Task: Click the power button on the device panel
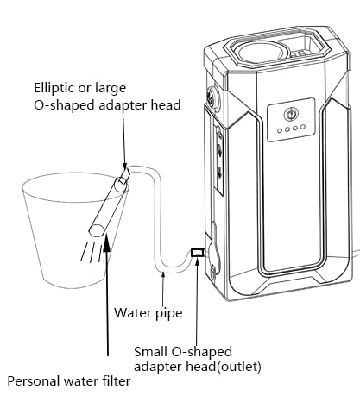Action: [x=290, y=115]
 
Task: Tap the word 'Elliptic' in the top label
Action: [x=53, y=88]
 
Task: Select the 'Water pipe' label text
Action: [x=148, y=313]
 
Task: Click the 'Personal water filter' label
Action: [x=69, y=381]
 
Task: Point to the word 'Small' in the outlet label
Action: [x=150, y=351]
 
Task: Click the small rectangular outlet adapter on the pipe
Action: [x=198, y=252]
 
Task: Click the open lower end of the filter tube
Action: [x=97, y=230]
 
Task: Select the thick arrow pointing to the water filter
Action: [x=107, y=295]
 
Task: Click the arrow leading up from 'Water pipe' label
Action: [x=163, y=289]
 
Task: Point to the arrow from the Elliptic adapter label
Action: [x=124, y=143]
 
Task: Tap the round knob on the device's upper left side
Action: [x=212, y=97]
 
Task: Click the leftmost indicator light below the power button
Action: [x=280, y=131]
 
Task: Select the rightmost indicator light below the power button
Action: [x=302, y=127]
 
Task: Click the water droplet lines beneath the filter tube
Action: [x=92, y=251]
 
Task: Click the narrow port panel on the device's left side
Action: [x=219, y=160]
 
